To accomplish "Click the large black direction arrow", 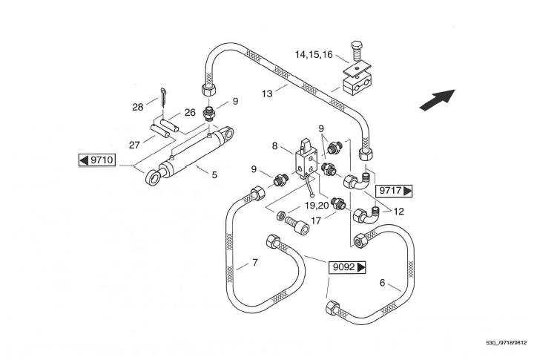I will pos(437,99).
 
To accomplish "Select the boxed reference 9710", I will pos(97,160).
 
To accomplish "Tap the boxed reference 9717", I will pos(395,191).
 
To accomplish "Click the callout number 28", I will pos(137,107).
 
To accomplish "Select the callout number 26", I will pos(190,113).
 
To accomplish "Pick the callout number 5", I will pos(214,174).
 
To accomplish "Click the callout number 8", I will pos(275,147).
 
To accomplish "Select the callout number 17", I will pos(315,220).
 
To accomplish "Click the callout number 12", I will pos(398,212).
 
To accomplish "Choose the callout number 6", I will pos(382,282).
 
